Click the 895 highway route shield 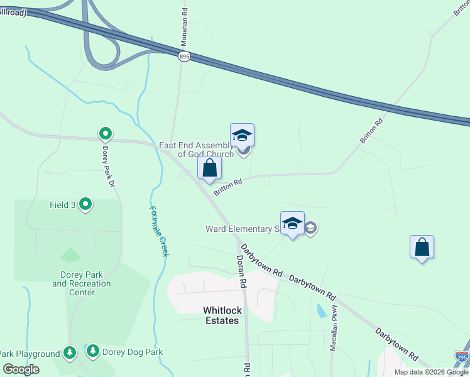pos(184,57)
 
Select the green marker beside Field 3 pos(86,205)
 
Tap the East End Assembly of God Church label pos(196,150)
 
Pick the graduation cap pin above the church pos(242,136)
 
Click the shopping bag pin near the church pos(209,168)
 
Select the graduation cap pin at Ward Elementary pos(292,224)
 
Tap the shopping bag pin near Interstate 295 pos(422,248)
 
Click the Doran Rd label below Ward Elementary pos(240,271)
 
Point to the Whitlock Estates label pos(221,315)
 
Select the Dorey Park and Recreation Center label pos(82,283)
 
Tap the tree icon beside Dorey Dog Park pos(93,351)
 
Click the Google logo pos(20,369)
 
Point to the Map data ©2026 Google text pos(431,372)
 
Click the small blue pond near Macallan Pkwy pos(322,310)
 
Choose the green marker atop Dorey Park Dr pos(106,133)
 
